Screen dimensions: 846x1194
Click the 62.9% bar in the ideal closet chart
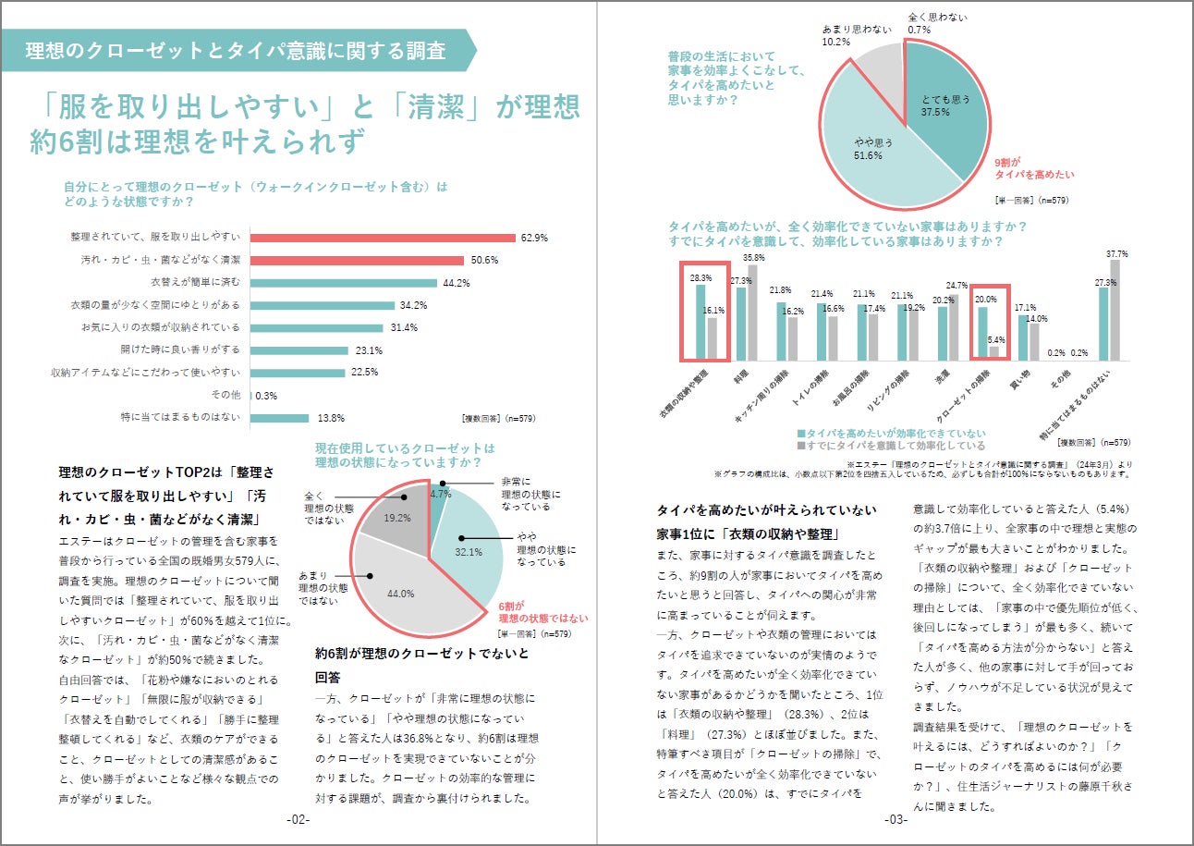coord(383,238)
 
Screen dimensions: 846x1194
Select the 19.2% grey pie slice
coord(393,523)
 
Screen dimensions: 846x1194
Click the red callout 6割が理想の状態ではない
coord(536,612)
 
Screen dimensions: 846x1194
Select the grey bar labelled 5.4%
coord(993,351)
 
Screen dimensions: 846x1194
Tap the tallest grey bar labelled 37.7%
coord(1115,310)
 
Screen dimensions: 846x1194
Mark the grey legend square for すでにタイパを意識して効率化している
coord(800,446)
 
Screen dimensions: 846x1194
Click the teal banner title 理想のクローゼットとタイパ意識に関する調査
coord(237,50)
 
